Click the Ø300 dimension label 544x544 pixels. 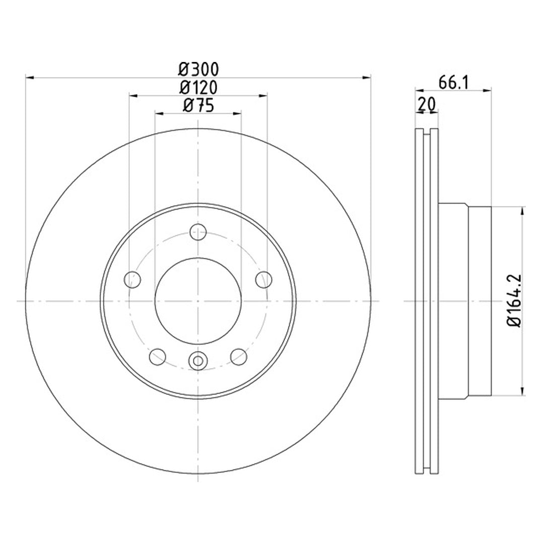coord(199,70)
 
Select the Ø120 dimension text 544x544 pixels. coord(199,88)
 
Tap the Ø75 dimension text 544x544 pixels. coord(198,105)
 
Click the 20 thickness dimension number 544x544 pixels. coord(427,104)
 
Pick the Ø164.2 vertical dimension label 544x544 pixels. coord(514,300)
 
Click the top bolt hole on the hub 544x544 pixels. coord(198,232)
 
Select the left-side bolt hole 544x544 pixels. coord(132,280)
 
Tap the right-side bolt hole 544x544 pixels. coord(264,280)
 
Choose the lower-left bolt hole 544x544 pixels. coord(158,357)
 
